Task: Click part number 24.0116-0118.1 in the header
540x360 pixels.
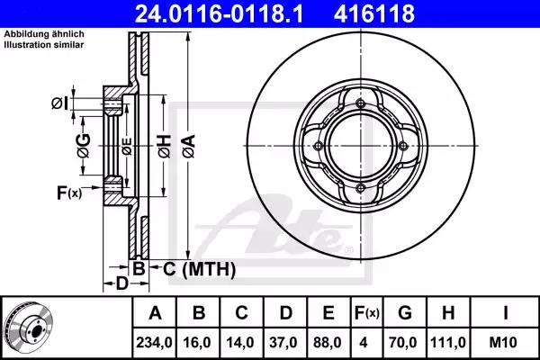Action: tap(219, 13)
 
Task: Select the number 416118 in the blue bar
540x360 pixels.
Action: tap(374, 13)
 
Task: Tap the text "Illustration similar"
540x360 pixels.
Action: tap(44, 45)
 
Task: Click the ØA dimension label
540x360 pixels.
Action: tap(189, 147)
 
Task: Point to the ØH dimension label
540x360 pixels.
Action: tap(165, 147)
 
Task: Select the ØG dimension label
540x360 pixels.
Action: tap(84, 146)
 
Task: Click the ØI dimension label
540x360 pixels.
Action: tap(59, 103)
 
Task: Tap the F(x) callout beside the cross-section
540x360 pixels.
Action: tap(69, 193)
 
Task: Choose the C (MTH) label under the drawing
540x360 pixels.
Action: tap(199, 269)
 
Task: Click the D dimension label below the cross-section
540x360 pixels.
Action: tap(121, 283)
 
